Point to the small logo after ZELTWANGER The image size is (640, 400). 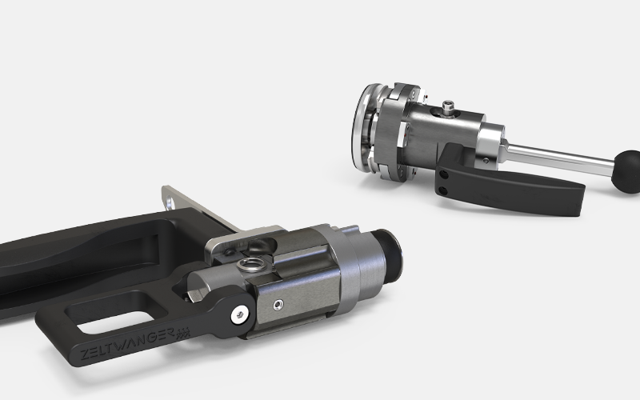pos(183,333)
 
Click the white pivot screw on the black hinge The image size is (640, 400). pos(240,314)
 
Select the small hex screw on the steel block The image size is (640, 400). pos(278,305)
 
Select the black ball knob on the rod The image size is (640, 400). pos(626,171)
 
